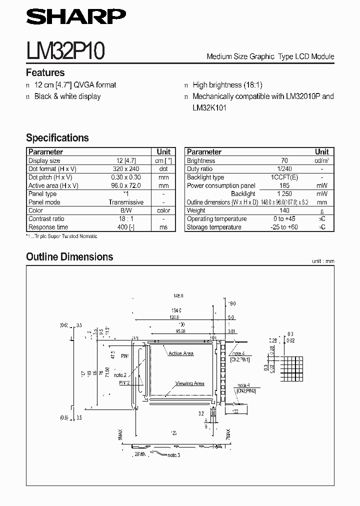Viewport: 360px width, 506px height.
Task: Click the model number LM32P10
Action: (x=65, y=51)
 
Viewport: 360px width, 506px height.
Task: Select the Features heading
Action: (x=45, y=72)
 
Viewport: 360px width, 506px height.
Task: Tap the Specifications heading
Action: (x=57, y=137)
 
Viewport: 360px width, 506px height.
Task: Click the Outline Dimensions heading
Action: (x=69, y=257)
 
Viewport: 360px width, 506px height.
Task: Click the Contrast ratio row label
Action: (x=46, y=218)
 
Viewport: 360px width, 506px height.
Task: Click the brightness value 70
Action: (x=284, y=160)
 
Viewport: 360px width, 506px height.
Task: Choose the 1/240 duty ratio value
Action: (x=284, y=169)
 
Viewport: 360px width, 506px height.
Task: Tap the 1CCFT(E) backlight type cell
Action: (x=284, y=177)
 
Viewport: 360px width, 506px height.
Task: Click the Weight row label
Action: (x=196, y=210)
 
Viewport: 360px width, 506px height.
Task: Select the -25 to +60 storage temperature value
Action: (x=284, y=227)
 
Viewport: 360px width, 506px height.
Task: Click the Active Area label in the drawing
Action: (x=180, y=353)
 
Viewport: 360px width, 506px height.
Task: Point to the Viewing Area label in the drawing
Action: (x=189, y=383)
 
